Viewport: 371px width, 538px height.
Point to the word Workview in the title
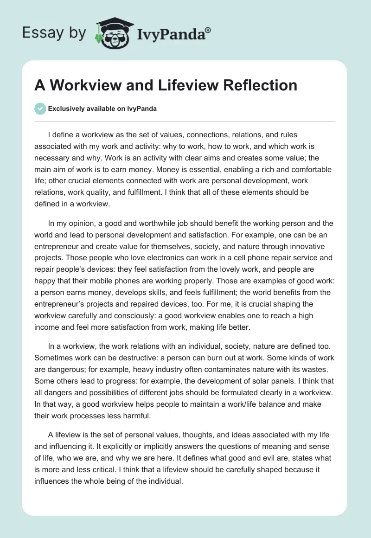point(81,85)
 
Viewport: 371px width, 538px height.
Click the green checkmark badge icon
point(40,109)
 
